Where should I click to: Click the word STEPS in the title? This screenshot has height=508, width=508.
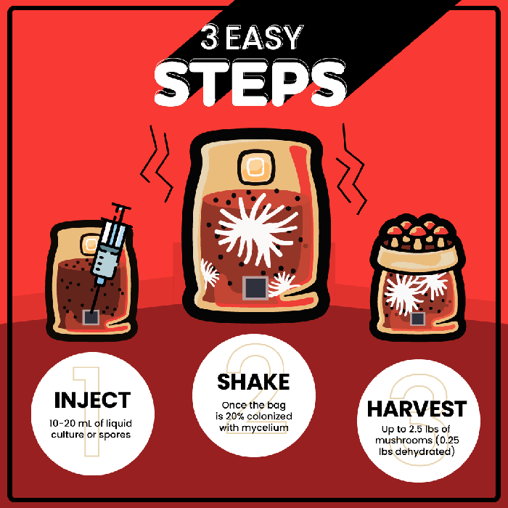pos(250,83)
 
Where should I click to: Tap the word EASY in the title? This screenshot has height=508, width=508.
pos(264,37)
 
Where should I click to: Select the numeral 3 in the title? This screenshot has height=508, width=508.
pos(210,37)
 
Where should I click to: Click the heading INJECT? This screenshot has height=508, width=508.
pos(92,400)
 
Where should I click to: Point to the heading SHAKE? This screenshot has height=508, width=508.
pos(253,382)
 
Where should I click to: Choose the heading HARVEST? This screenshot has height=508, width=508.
pos(417,409)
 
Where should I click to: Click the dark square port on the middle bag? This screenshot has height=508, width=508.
pos(255,288)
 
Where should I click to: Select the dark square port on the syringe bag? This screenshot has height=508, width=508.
pos(91,318)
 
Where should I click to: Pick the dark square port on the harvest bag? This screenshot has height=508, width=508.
pos(417,319)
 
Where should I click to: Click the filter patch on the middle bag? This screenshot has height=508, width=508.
pos(256,168)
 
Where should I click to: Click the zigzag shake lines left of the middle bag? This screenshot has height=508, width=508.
pos(156,163)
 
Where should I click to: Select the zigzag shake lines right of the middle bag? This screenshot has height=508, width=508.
pos(351,169)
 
